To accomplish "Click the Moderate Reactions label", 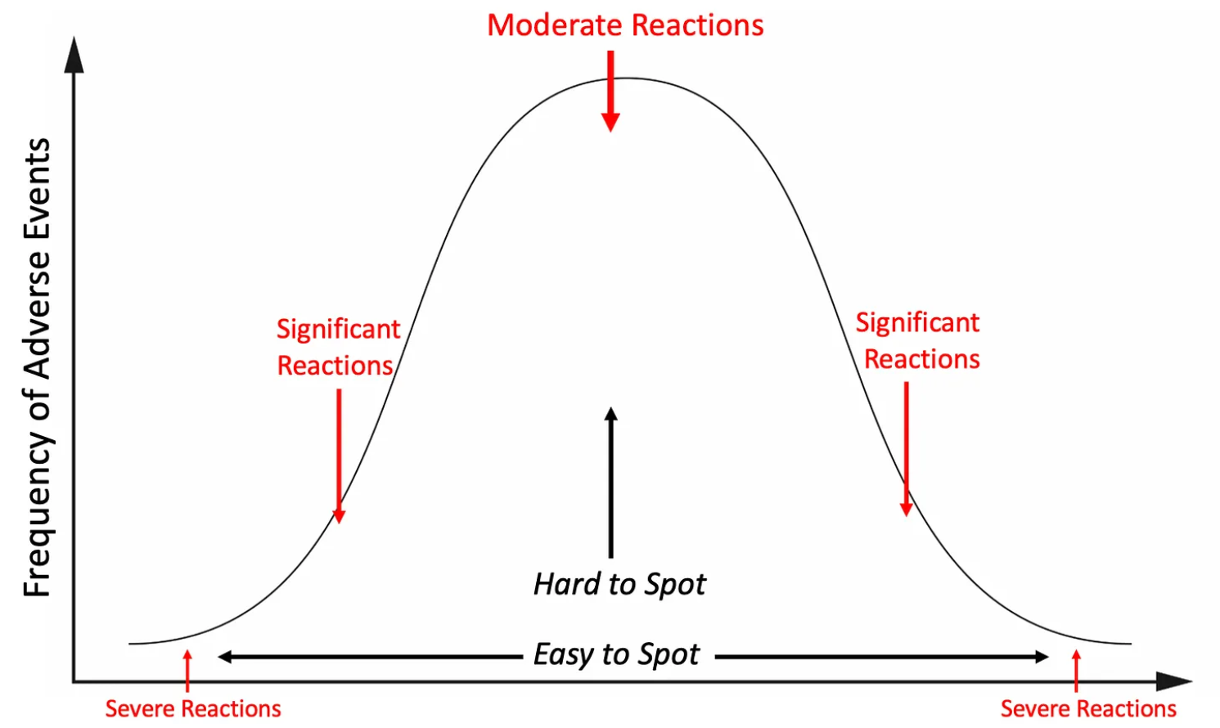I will click(625, 25).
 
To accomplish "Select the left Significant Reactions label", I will click(337, 347).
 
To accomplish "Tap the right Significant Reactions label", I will click(919, 340).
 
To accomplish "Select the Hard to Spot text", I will click(619, 584).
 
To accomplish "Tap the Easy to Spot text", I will click(616, 654).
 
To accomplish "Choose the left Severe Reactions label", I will click(193, 708).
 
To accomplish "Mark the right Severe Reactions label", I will click(1088, 708).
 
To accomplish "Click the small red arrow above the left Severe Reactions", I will click(187, 670).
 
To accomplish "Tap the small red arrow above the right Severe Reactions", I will click(1076, 670).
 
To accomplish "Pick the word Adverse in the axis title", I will click(38, 315).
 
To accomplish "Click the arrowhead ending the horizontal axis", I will click(1175, 681).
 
